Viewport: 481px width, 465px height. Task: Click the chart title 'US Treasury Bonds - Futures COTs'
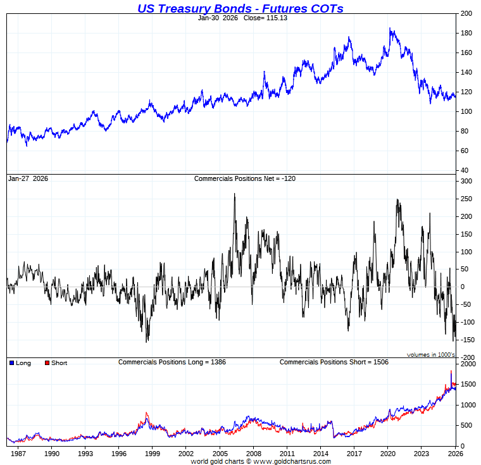240,8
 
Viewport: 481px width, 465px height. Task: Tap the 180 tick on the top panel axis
466,33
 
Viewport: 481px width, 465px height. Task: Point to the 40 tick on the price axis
464,170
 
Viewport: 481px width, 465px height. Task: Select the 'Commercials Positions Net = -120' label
244,178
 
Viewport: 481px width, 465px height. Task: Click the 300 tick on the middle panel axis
466,181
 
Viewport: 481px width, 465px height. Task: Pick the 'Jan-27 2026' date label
28,178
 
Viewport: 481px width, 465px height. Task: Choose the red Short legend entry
56,363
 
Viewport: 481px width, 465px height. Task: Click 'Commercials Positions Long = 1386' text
172,362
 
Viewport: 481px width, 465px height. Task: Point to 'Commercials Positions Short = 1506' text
334,362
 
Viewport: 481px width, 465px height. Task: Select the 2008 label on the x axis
253,453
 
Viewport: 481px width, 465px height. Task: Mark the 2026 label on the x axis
454,453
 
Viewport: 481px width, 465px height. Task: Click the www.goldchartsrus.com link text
290,461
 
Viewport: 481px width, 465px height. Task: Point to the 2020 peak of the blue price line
390,28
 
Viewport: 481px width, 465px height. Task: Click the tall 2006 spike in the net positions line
235,194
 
